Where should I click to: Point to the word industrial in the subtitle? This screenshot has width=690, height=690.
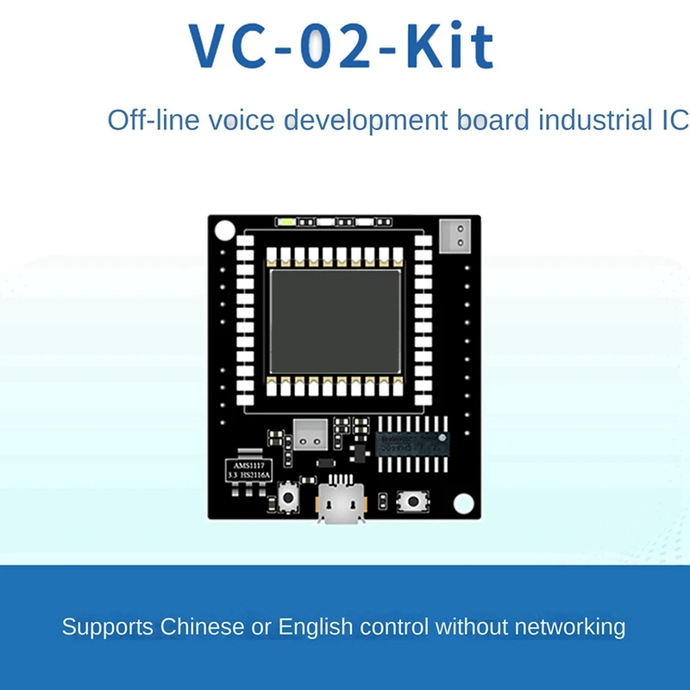click(x=584, y=120)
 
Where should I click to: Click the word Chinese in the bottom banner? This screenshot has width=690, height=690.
click(x=203, y=626)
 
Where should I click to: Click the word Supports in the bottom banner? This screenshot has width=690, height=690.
click(x=107, y=626)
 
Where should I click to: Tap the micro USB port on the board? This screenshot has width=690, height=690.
click(x=341, y=503)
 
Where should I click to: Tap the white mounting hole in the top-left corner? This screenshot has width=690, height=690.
click(x=224, y=231)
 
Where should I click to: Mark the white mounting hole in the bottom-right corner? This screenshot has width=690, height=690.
click(x=464, y=502)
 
